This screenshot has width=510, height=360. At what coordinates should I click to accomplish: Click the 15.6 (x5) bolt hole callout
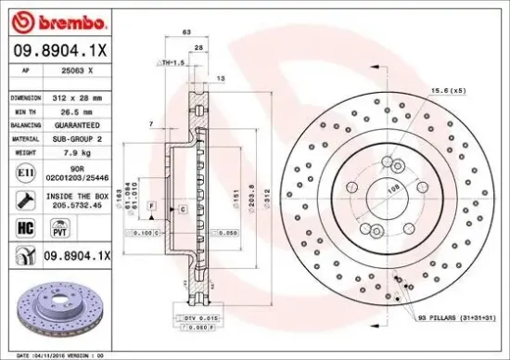click(447, 91)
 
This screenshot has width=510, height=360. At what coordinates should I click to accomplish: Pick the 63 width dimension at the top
click(186, 32)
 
